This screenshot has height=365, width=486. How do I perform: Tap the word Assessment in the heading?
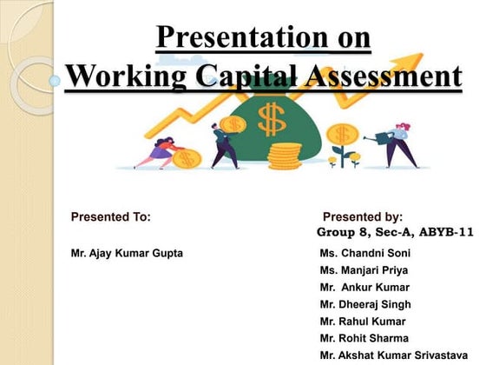tap(384, 76)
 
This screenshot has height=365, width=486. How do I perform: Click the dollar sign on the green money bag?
tap(270, 116)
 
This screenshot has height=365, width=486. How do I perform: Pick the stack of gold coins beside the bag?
tap(283, 156)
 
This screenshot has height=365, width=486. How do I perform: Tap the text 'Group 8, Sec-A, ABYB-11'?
tap(395, 233)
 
